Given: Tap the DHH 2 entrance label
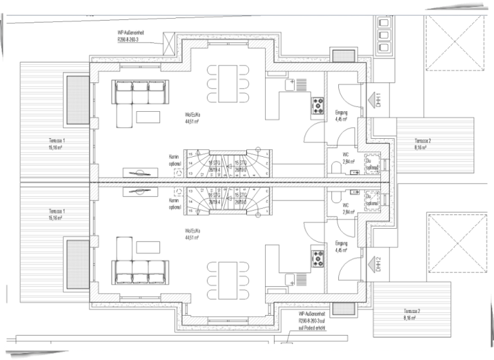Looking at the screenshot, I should tap(380, 264).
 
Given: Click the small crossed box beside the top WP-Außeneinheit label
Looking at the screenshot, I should tap(169, 44).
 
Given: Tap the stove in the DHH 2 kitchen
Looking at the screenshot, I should tap(318, 258).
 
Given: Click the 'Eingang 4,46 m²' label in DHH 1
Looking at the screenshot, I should tap(341, 116).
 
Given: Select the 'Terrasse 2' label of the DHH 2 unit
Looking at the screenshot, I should tap(412, 314).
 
